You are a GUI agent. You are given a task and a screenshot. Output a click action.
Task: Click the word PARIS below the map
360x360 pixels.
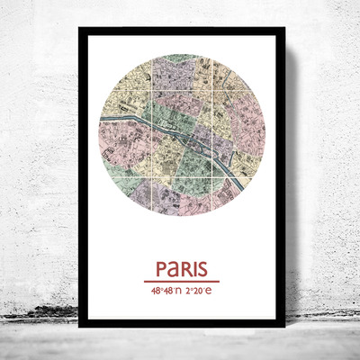(180, 269)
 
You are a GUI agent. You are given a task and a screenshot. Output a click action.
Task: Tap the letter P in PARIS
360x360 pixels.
(162, 269)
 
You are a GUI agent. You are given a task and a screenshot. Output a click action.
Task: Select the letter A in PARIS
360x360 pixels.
(174, 269)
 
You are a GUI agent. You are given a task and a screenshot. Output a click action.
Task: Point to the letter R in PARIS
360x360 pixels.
(185, 269)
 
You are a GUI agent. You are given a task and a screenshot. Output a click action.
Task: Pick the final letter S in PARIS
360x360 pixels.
(202, 269)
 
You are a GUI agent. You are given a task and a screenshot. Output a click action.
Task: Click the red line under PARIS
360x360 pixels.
(180, 282)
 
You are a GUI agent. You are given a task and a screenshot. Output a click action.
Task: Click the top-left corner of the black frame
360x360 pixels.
(79, 28)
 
